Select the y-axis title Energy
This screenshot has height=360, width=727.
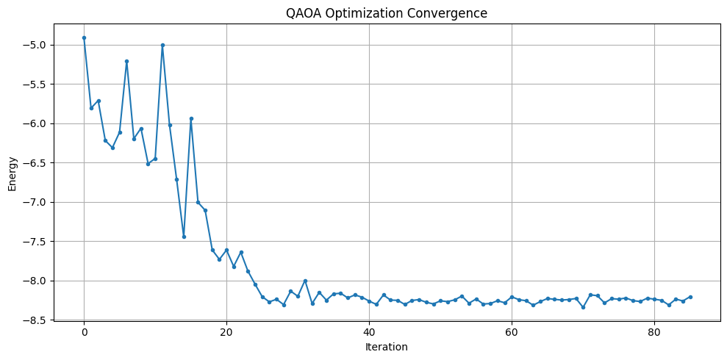pos(12,179)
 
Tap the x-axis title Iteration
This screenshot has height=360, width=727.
pos(387,347)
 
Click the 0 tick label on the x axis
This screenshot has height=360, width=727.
pos(84,331)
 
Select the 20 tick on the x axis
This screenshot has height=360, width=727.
pos(226,331)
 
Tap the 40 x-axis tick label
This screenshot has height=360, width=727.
pos(369,331)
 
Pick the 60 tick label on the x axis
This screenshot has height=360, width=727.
pos(512,331)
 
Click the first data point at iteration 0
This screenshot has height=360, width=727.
pos(84,37)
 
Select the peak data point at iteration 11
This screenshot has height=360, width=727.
pos(162,45)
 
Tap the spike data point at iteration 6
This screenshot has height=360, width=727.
pos(126,61)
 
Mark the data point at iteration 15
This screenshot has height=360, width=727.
pos(191,118)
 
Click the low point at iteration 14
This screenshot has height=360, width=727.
pos(184,237)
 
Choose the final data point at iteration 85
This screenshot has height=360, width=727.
pos(690,297)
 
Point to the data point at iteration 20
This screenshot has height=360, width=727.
pos(226,250)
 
